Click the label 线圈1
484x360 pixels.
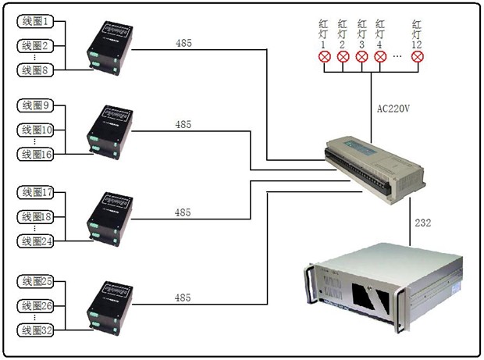click(x=36, y=21)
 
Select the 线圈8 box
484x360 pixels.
click(x=36, y=70)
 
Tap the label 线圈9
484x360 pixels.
click(x=36, y=105)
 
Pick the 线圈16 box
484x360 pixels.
click(x=36, y=155)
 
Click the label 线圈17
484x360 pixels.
click(x=36, y=192)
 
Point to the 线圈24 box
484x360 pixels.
click(x=36, y=241)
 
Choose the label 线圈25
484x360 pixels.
click(x=36, y=281)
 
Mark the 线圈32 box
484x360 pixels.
click(x=36, y=330)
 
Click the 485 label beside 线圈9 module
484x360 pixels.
click(x=183, y=124)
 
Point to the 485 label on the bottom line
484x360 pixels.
click(x=183, y=298)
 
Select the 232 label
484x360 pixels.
click(x=423, y=223)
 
